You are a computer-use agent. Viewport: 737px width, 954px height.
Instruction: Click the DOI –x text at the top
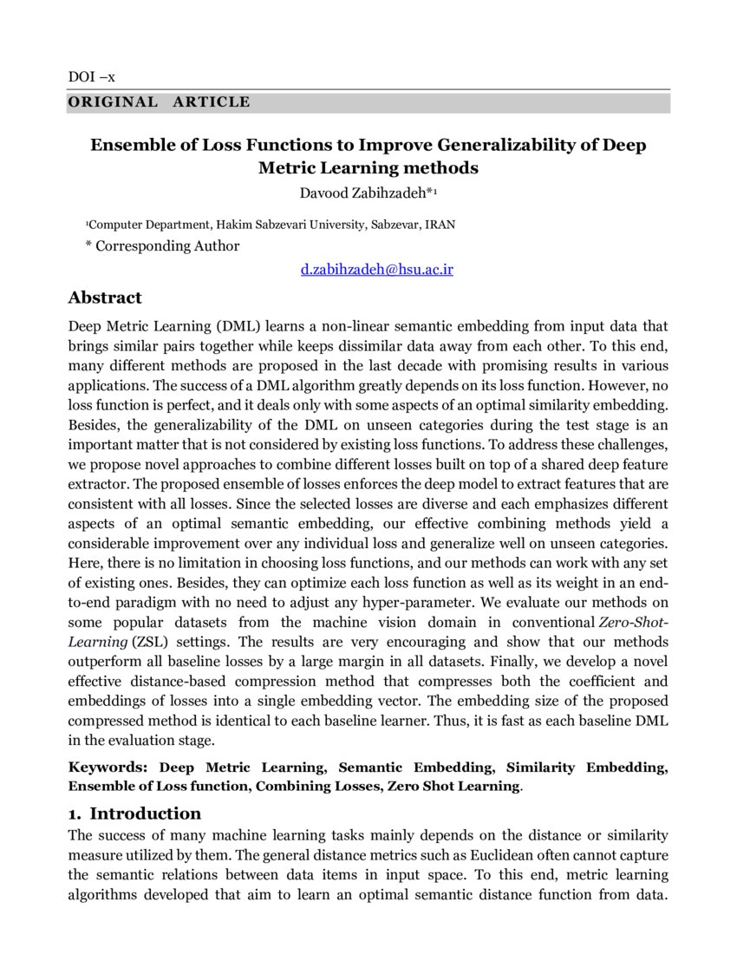point(91,77)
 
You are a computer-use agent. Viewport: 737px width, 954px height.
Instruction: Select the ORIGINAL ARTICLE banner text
point(159,102)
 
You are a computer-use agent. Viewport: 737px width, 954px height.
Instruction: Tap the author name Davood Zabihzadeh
point(368,192)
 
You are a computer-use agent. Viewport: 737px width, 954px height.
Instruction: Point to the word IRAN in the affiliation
point(440,225)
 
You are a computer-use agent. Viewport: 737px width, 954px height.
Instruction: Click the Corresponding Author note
point(166,245)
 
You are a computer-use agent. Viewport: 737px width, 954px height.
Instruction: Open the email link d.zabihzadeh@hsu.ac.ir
point(377,270)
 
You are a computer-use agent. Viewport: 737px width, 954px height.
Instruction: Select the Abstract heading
point(104,297)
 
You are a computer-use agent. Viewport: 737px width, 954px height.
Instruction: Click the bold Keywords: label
point(109,768)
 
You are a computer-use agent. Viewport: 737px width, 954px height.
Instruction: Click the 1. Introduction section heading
point(134,814)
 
